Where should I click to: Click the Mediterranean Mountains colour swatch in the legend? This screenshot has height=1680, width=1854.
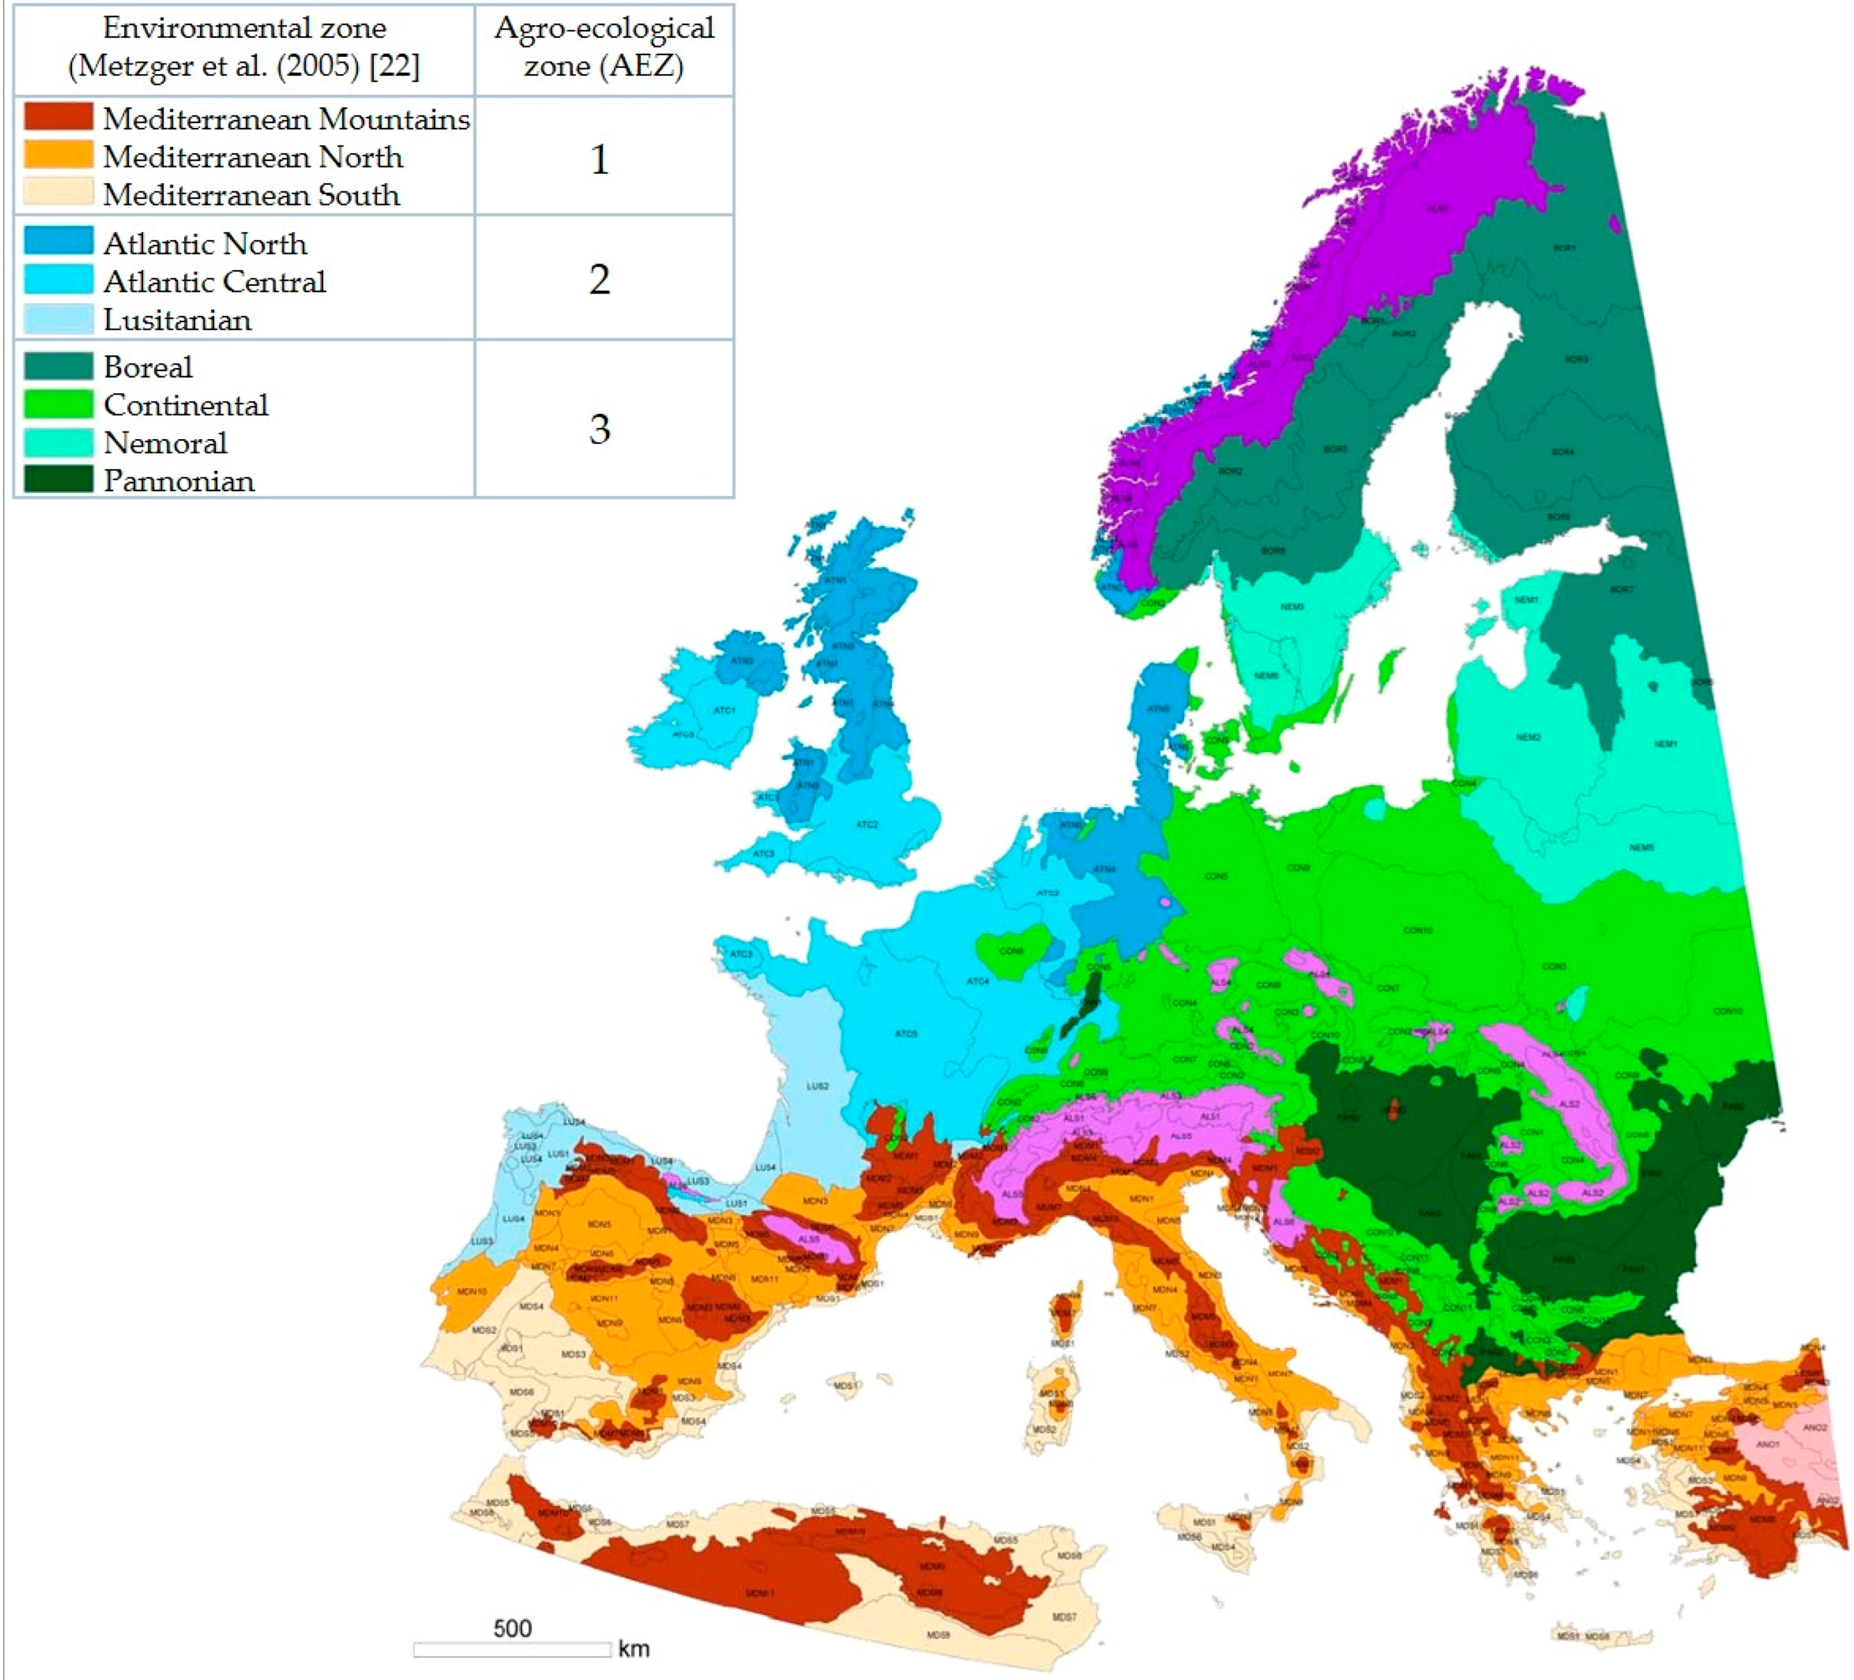[58, 117]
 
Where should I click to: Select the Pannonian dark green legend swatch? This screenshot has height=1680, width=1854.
[58, 479]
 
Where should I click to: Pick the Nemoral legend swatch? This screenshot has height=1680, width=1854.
[58, 442]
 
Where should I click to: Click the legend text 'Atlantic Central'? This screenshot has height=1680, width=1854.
[214, 281]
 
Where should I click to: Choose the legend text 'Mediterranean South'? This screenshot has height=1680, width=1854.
[251, 195]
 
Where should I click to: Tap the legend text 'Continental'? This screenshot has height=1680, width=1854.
[186, 405]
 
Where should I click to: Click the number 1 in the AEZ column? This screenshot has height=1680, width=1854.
[599, 159]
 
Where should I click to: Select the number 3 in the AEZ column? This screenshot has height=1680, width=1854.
[599, 428]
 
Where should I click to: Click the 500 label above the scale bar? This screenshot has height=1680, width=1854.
[513, 1628]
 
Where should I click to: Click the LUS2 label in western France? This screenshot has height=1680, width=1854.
[818, 1086]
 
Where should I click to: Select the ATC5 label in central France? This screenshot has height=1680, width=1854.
[906, 1033]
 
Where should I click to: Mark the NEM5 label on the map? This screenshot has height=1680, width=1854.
[1641, 848]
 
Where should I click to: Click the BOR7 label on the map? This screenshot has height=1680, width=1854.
[1622, 589]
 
